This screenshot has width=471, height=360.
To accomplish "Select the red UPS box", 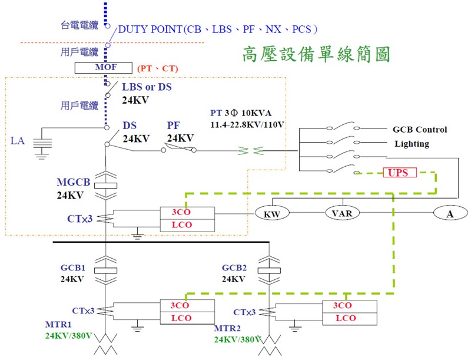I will (x=399, y=173).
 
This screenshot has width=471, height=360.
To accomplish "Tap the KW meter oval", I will (x=271, y=214).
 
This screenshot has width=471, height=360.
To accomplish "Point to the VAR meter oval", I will (x=342, y=213).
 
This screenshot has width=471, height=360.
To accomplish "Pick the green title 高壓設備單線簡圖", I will (x=316, y=54).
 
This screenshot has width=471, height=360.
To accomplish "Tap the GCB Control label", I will (x=420, y=130).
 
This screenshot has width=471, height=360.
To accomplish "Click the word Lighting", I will (x=412, y=144).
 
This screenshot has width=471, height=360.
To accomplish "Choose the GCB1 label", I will (x=74, y=268).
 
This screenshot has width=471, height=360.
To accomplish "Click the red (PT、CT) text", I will (x=157, y=69).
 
